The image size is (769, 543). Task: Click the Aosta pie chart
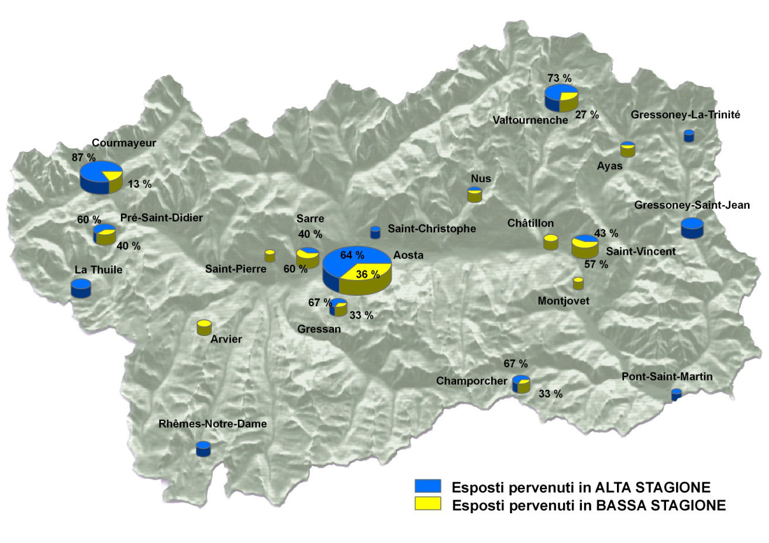tap(357, 270)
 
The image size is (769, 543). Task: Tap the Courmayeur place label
tap(124, 143)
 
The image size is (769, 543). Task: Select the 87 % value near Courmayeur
tap(84, 157)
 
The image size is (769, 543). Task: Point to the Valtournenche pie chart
tap(561, 98)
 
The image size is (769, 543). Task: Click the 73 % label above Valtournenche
tap(559, 78)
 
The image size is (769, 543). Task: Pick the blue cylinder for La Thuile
tap(81, 288)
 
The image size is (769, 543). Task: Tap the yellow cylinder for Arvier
tap(204, 327)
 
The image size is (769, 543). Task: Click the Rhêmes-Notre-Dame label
tap(212, 424)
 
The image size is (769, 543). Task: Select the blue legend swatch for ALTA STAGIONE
tap(427, 486)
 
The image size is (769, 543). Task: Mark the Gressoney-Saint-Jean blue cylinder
tap(692, 227)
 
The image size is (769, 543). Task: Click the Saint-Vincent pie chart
tap(585, 246)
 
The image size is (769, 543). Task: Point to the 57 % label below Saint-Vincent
tap(596, 265)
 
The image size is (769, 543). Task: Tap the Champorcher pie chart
tap(521, 383)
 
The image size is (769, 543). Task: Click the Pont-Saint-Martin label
tap(667, 376)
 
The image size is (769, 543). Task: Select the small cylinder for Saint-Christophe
tap(375, 232)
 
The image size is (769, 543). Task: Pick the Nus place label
tap(481, 178)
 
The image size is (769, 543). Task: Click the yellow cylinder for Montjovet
tap(578, 283)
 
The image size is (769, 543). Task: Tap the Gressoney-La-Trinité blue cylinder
tap(689, 136)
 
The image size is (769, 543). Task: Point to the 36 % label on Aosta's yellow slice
tap(368, 274)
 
